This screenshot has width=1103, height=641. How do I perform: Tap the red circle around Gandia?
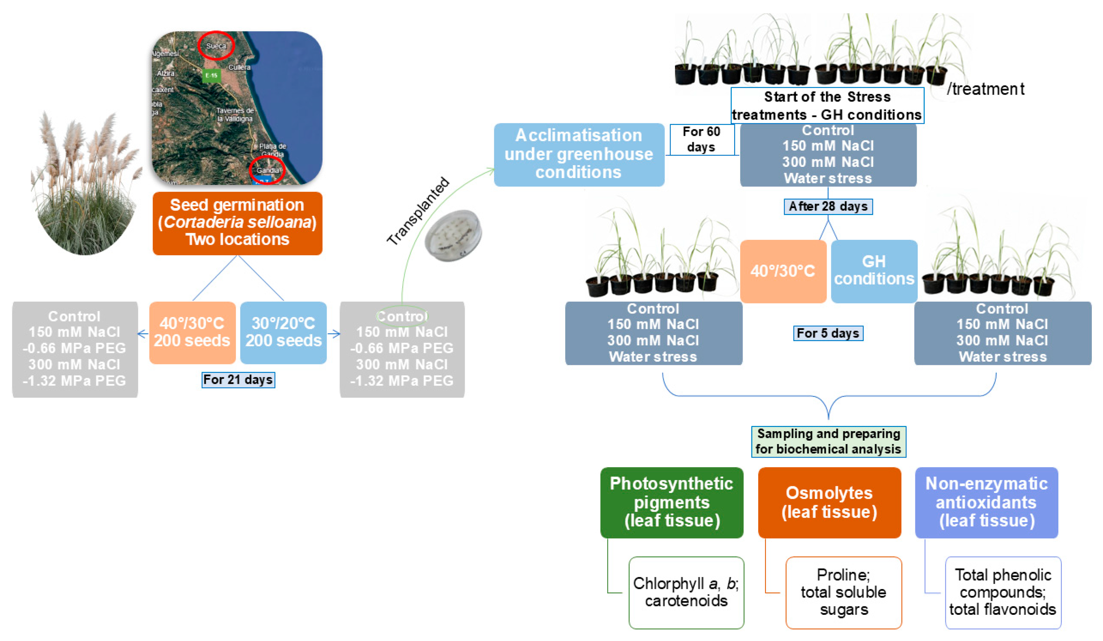click(x=267, y=170)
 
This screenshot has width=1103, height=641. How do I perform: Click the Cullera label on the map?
click(x=239, y=67)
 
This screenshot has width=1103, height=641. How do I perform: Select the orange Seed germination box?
click(x=237, y=223)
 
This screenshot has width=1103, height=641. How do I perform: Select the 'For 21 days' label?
click(x=238, y=380)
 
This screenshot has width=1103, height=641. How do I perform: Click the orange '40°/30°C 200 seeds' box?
click(x=192, y=333)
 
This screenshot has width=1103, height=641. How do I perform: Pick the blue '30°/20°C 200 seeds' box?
click(x=283, y=333)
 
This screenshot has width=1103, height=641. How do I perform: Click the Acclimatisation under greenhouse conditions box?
click(x=579, y=154)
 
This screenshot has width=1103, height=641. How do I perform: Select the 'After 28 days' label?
click(x=828, y=206)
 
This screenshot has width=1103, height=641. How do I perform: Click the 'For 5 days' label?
click(x=828, y=333)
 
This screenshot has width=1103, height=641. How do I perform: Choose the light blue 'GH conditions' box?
click(x=874, y=271)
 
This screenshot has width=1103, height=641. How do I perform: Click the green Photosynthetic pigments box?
click(x=671, y=502)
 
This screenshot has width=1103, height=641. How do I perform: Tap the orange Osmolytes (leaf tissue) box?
click(x=829, y=502)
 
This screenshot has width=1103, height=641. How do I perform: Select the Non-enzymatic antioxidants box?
click(x=986, y=502)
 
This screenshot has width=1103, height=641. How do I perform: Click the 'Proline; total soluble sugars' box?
click(x=843, y=592)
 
